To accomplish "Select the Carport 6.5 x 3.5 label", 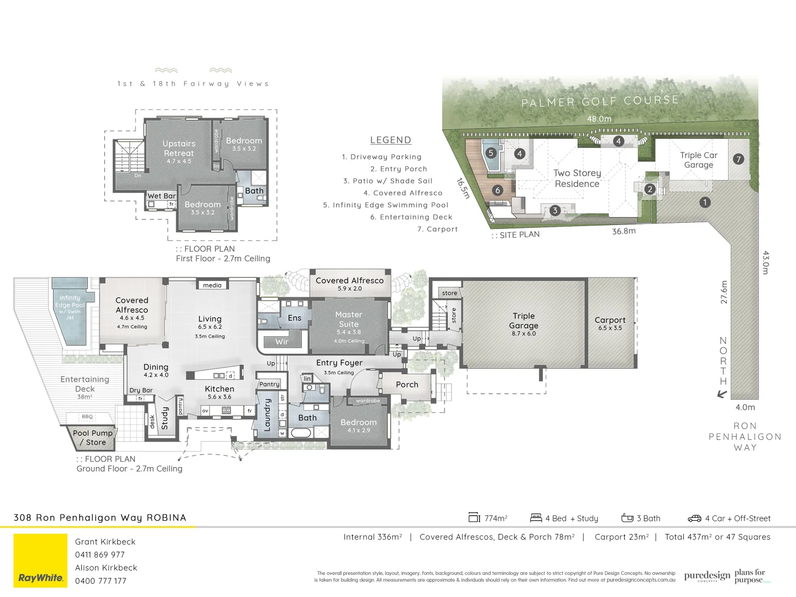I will point(610,323).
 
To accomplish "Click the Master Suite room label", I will point(349,320).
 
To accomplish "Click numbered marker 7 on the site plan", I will point(738,159).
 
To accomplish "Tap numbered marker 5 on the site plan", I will point(490,153).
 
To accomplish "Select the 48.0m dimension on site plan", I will point(599,119).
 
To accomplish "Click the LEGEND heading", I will point(390,140).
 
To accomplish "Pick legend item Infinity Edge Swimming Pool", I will point(386,205).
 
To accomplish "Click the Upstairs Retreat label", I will point(179,148).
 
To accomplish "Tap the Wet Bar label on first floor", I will point(161,196).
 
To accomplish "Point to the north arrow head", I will point(721,395).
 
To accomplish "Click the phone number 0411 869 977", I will point(100,554).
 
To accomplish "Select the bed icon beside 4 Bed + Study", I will point(536,518).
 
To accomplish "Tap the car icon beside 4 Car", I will point(694,519).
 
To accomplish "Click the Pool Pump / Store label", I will point(92,437).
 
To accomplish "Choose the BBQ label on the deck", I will point(87,417).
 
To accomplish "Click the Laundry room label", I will point(268,415).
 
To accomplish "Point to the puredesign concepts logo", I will point(707,576).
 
